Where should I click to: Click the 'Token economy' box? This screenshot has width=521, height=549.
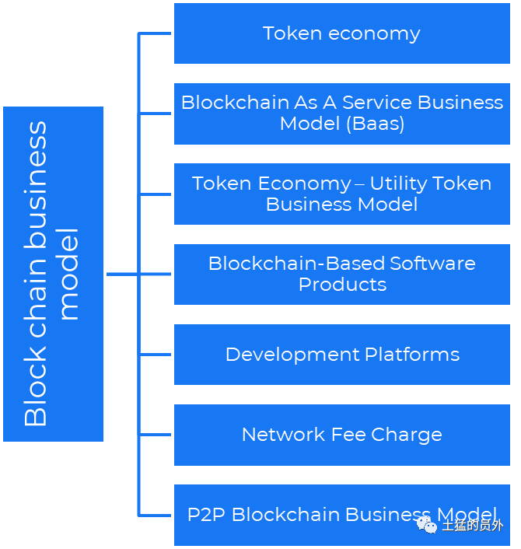tap(341, 33)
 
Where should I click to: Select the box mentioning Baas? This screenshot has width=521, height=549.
tap(341, 114)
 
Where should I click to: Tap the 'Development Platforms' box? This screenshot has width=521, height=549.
tap(341, 355)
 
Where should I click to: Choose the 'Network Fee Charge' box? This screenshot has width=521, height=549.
tap(341, 435)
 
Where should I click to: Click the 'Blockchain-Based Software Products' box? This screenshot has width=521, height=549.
tap(341, 274)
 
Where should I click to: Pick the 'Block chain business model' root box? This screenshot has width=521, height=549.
tap(53, 274)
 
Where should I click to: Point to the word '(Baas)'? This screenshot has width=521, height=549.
tap(376, 124)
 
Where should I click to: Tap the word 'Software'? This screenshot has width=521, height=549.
tap(432, 264)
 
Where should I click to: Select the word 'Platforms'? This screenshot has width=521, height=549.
tap(412, 355)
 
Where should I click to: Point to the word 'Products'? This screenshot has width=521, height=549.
tap(342, 284)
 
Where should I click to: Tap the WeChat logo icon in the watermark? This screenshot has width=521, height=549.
tap(427, 525)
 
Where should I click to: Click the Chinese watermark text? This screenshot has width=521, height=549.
tap(473, 525)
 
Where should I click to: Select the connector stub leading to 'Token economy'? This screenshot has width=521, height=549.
tap(155, 33)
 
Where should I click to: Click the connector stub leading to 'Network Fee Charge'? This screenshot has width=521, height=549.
tap(155, 435)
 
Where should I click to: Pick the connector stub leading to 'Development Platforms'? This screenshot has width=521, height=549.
tap(155, 355)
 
